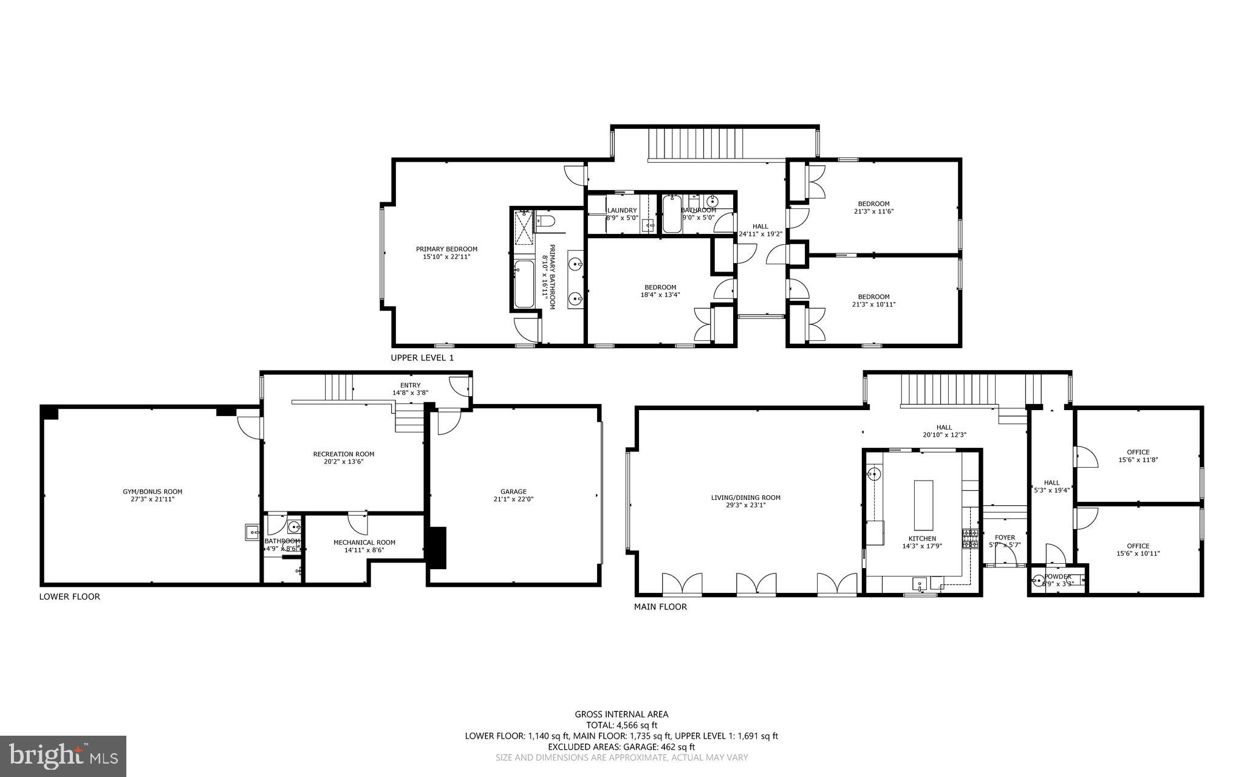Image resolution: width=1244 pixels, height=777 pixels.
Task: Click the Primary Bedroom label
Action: click(446, 249)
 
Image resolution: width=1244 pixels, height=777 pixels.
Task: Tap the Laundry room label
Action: click(622, 210)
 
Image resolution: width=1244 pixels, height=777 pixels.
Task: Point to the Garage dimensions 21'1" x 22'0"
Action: click(513, 499)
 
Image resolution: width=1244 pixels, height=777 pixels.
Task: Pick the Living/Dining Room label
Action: click(745, 498)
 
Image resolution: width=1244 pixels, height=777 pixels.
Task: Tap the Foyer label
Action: click(1005, 538)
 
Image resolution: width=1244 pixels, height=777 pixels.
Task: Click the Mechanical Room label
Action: click(364, 543)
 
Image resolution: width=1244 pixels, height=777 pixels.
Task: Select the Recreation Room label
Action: click(343, 454)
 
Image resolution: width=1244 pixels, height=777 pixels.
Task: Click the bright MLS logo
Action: click(63, 756)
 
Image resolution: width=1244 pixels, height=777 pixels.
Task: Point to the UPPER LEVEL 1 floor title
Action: click(422, 358)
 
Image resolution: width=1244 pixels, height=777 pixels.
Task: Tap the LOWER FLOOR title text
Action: click(69, 597)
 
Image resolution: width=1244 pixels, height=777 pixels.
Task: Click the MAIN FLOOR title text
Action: click(660, 607)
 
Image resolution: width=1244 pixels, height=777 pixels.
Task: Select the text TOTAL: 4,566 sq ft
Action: click(621, 725)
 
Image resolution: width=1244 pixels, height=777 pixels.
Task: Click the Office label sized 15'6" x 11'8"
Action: click(1138, 452)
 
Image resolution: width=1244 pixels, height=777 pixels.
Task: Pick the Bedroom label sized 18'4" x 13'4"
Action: click(660, 287)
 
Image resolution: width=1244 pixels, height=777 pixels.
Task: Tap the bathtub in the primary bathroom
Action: click(523, 283)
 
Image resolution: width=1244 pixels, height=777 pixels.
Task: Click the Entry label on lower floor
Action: click(410, 385)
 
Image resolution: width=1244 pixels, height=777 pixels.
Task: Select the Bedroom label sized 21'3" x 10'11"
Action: click(873, 297)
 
